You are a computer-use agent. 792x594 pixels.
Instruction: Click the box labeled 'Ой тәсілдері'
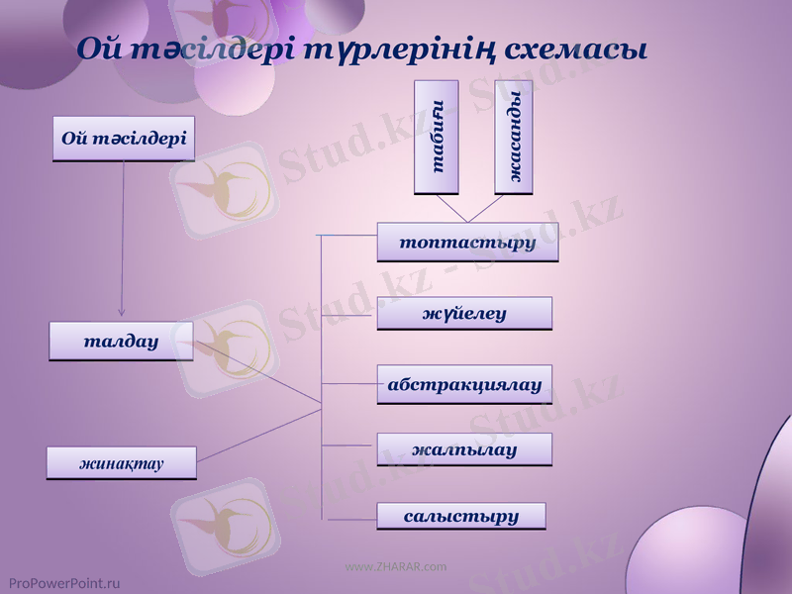(124, 138)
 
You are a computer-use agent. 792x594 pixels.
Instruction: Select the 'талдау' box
(121, 341)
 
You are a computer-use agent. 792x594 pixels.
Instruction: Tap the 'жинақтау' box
(122, 462)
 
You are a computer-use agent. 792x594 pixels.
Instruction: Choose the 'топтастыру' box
(467, 242)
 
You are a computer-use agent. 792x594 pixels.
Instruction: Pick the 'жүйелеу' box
(464, 314)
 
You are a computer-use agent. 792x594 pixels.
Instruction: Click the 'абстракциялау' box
(464, 384)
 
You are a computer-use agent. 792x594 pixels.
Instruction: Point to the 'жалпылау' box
(464, 449)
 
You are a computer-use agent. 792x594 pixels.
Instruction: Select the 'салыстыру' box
(461, 516)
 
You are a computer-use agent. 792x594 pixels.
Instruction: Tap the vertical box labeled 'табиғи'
(437, 137)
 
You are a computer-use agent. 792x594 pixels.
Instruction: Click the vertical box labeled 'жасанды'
(514, 137)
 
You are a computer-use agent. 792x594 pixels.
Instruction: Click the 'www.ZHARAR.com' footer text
(396, 566)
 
